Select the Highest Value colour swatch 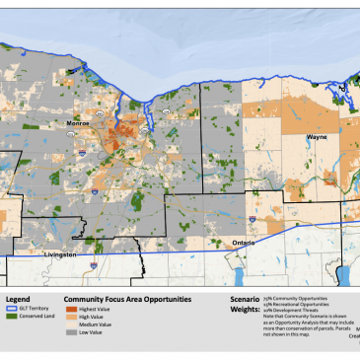point(70,310)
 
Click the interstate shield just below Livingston point(92,264)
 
